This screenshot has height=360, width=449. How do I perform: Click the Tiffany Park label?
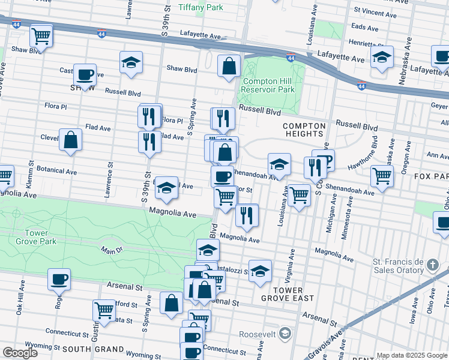point(200,7)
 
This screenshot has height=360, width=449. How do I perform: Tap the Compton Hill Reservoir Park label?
point(268,85)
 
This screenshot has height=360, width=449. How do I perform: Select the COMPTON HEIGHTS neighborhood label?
point(304,130)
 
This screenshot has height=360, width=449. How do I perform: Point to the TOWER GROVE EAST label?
point(284,294)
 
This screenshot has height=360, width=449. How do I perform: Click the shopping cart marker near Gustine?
point(104,310)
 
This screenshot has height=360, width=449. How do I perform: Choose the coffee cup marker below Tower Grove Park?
point(59,279)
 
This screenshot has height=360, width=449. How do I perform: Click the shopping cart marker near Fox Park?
point(382,176)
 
